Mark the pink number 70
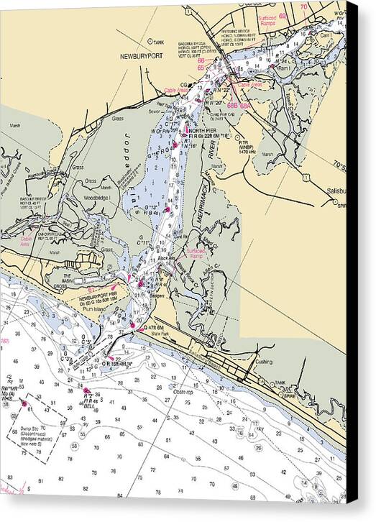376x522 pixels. (303, 6)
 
